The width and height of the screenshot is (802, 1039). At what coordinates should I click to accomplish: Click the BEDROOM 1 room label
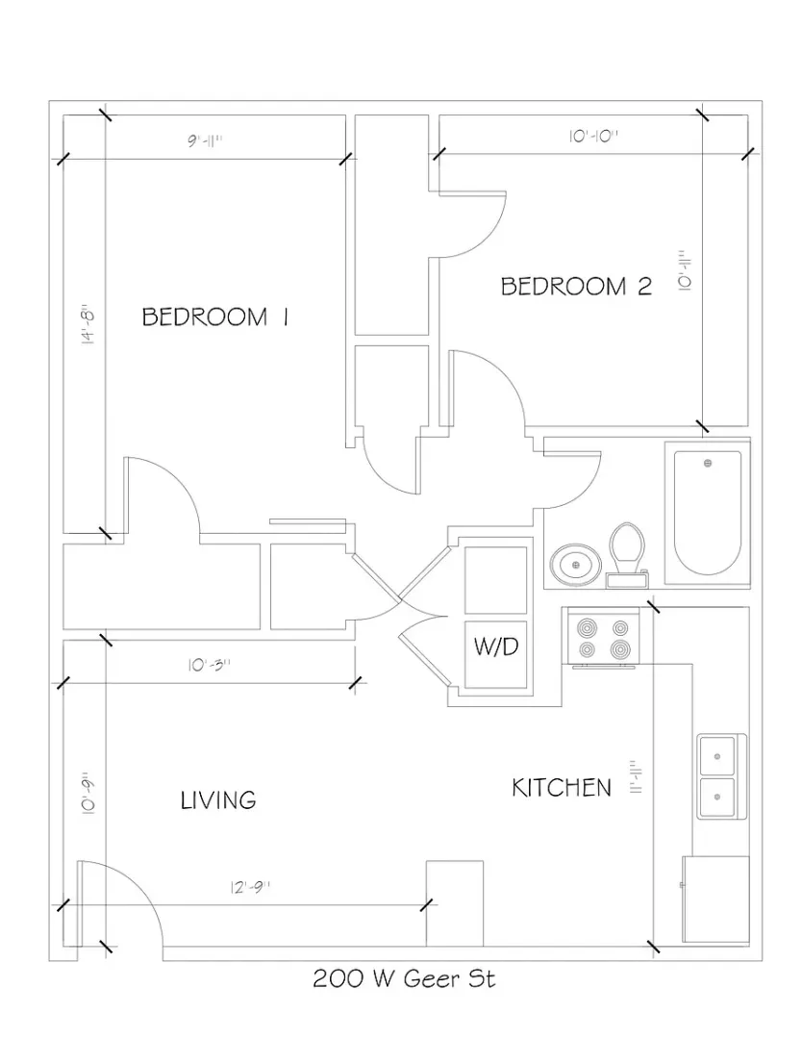point(215,317)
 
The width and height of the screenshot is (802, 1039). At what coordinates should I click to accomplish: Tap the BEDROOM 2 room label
point(576,287)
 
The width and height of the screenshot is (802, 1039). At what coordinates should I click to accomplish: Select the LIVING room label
point(218,799)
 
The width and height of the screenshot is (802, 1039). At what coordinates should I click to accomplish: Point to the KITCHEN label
point(562,788)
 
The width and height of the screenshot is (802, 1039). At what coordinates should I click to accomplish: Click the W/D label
point(496,646)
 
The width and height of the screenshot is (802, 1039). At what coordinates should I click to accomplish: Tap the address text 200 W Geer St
point(404,978)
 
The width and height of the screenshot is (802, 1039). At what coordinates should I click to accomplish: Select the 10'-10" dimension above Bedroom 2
point(592,137)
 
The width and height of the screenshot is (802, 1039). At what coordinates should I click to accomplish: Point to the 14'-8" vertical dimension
point(88,324)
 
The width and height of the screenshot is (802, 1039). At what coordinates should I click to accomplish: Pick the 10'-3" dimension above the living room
point(209,665)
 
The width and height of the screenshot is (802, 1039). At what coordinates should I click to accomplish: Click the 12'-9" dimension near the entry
point(251,887)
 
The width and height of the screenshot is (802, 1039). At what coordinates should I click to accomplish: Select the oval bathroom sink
point(575,565)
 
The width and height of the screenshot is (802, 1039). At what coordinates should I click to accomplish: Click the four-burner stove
point(601,637)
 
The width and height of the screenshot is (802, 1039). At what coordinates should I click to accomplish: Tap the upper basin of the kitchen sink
point(716,755)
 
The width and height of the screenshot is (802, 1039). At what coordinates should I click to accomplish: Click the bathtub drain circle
point(708,463)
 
